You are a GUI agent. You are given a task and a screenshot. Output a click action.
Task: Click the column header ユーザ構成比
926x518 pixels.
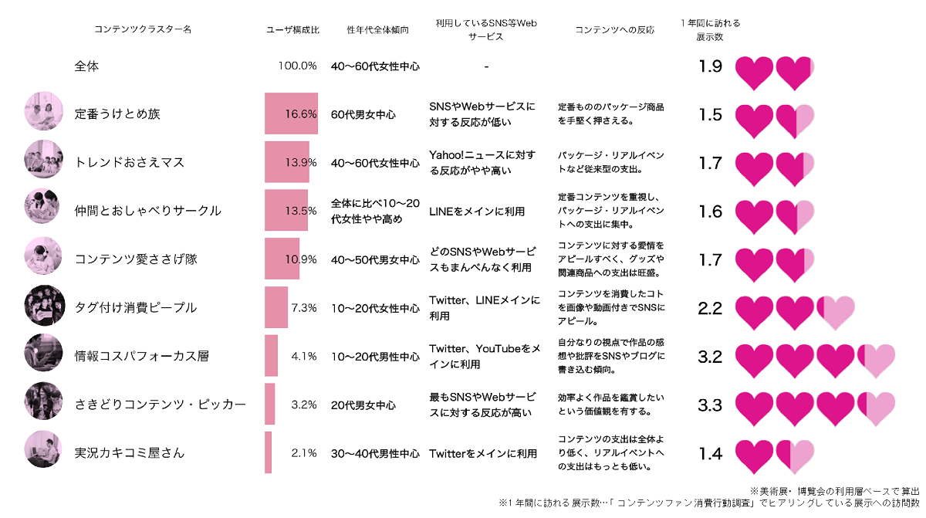292,30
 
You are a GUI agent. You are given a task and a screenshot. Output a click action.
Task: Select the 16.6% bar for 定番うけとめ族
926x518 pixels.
291,114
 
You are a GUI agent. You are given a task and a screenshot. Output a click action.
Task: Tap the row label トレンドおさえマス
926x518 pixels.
130,163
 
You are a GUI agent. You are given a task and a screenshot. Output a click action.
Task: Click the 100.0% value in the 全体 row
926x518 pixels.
298,66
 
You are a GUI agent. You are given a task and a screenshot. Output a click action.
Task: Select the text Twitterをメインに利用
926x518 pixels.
483,453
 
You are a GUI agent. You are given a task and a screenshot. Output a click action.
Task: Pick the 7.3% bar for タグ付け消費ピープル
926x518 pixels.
276,307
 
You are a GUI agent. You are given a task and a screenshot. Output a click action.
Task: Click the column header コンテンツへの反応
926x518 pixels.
614,30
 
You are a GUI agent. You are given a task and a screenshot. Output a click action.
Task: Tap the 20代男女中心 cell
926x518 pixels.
363,405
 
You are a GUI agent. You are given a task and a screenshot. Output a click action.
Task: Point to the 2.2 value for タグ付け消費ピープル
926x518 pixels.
710,308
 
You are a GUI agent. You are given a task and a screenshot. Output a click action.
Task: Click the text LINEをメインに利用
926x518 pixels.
477,211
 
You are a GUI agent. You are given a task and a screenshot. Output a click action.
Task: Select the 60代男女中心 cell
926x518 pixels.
363,114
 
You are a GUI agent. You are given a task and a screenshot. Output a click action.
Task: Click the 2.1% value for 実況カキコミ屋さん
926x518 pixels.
304,453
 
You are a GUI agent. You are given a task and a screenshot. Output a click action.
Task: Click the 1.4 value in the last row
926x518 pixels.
710,453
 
